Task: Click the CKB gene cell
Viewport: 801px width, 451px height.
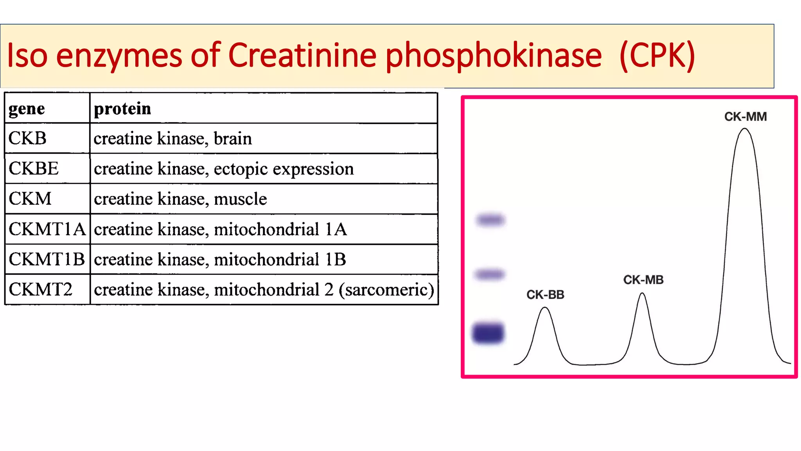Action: coord(27,139)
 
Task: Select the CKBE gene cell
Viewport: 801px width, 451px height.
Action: coord(34,169)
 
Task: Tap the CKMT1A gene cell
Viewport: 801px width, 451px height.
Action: coord(47,229)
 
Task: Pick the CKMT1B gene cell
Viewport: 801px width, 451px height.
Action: coord(47,260)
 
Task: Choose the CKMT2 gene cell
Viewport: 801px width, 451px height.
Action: coord(41,290)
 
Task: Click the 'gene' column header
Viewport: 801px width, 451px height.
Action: coord(27,109)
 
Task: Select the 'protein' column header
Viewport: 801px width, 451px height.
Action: coord(122,109)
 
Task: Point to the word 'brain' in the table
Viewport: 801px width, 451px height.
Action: coord(233,139)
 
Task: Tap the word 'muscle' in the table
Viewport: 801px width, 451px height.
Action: coord(240,199)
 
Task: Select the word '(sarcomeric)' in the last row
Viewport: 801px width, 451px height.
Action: coord(386,290)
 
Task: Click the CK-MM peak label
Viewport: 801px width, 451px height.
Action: coord(745,117)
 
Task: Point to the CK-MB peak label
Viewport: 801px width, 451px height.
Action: coord(643,280)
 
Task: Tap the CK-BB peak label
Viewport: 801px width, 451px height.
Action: coord(545,295)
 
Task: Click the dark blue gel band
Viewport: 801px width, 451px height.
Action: coord(488,333)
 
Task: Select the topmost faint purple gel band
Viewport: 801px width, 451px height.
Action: coord(490,220)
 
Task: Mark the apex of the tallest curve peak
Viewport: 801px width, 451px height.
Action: coord(745,129)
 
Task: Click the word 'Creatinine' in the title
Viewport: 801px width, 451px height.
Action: coord(302,56)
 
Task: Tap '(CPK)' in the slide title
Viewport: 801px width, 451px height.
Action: coord(657,56)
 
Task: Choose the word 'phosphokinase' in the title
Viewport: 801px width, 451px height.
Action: coord(494,56)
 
